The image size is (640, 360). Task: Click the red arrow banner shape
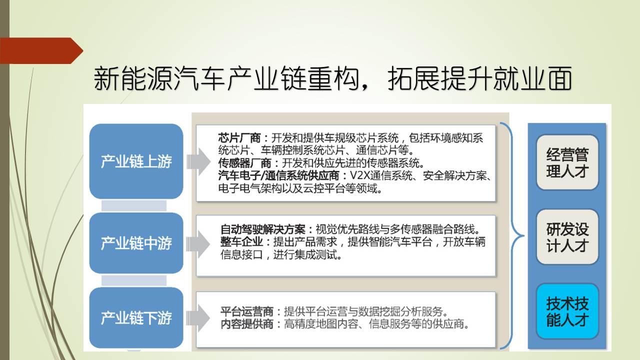pyautogui.click(x=41, y=50)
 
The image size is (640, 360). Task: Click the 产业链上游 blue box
pyautogui.click(x=136, y=161)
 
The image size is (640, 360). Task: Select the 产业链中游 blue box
pyautogui.click(x=136, y=243)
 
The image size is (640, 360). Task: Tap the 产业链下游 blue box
pyautogui.click(x=136, y=317)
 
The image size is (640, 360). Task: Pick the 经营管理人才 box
pyautogui.click(x=567, y=162)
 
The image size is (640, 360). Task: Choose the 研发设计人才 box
pyautogui.click(x=567, y=237)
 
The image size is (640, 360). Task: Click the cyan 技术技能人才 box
pyautogui.click(x=567, y=311)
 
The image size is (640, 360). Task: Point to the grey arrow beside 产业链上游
pyautogui.click(x=198, y=161)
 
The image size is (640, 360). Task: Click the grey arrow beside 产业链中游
pyautogui.click(x=198, y=244)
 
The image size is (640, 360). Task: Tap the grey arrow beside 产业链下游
pyautogui.click(x=198, y=318)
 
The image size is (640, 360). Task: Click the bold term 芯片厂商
pyautogui.click(x=239, y=138)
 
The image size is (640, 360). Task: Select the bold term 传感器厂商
pyautogui.click(x=244, y=163)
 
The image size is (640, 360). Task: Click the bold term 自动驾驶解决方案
pyautogui.click(x=263, y=229)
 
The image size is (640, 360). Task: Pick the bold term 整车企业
pyautogui.click(x=241, y=241)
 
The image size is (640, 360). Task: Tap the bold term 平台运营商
pyautogui.click(x=247, y=311)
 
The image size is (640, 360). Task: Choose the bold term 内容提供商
pyautogui.click(x=247, y=324)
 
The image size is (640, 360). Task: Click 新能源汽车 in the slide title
pyautogui.click(x=159, y=78)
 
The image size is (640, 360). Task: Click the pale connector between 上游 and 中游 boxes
pyautogui.click(x=134, y=205)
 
